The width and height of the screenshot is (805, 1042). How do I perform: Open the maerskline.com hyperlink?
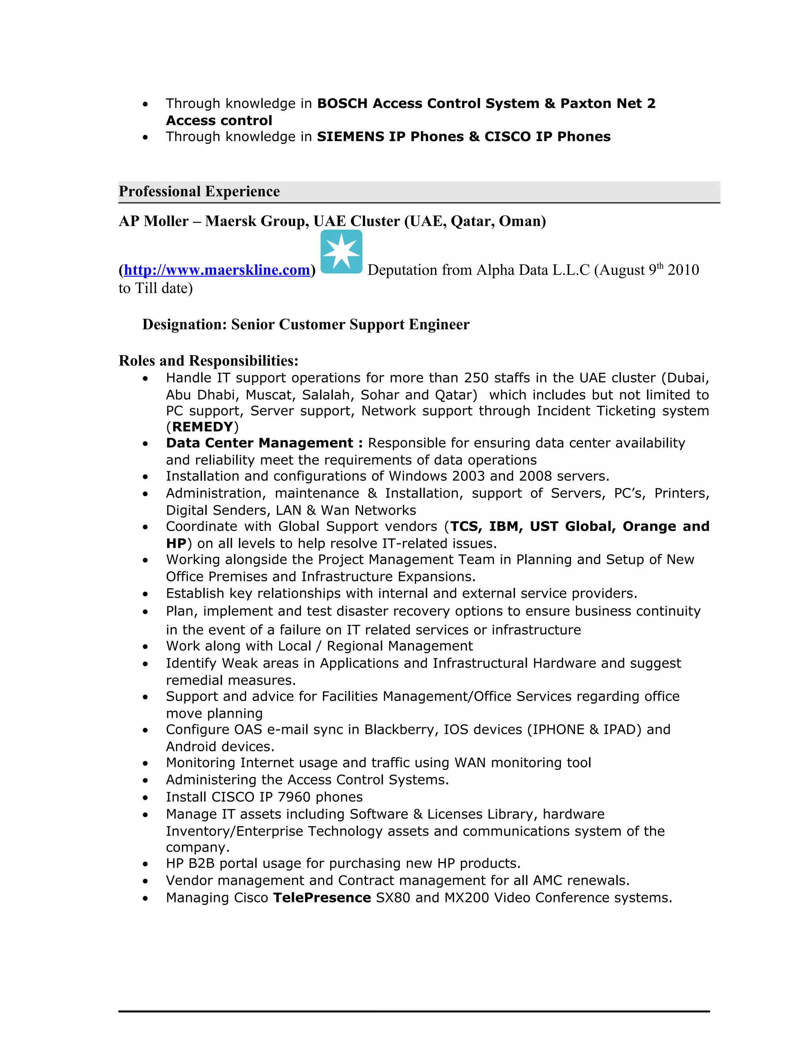pyautogui.click(x=217, y=270)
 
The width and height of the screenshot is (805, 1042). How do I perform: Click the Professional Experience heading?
pyautogui.click(x=199, y=191)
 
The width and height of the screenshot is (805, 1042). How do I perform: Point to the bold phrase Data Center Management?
pyautogui.click(x=259, y=443)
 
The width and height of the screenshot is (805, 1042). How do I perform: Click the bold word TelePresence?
pyautogui.click(x=322, y=898)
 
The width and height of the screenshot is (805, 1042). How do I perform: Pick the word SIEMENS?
pyautogui.click(x=351, y=137)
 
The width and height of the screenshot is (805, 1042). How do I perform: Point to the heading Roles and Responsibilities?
pyautogui.click(x=208, y=361)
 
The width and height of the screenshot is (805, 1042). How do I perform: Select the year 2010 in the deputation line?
pyautogui.click(x=684, y=270)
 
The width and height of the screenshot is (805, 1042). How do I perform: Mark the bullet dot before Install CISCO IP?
pyautogui.click(x=145, y=798)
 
